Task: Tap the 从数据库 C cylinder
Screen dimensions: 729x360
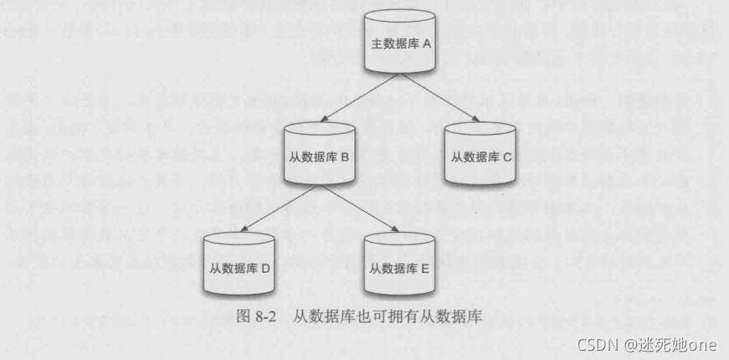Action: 480,157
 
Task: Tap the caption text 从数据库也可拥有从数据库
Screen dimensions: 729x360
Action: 389,317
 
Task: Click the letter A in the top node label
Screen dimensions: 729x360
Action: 427,43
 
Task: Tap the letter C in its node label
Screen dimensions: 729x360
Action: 507,157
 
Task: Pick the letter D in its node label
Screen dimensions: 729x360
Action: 264,270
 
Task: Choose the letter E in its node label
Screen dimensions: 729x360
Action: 424,270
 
